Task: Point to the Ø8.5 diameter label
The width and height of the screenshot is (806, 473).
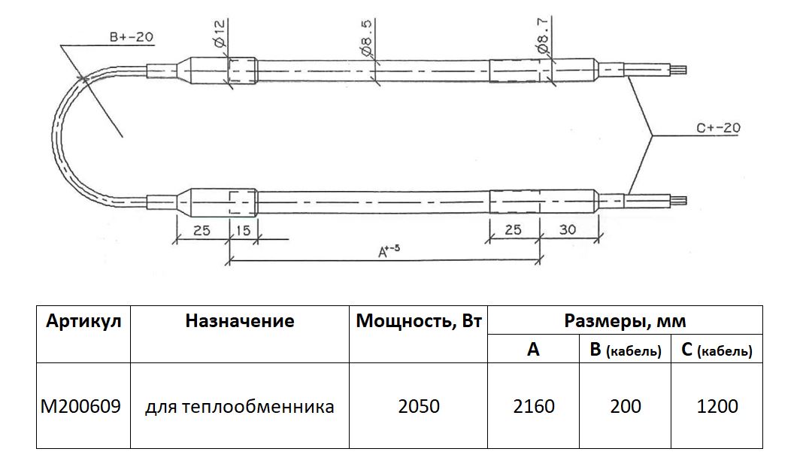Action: pyautogui.click(x=368, y=40)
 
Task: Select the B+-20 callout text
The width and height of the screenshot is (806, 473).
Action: pyautogui.click(x=132, y=37)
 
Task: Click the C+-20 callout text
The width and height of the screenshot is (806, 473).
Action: pyautogui.click(x=717, y=128)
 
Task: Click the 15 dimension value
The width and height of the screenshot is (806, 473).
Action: pyautogui.click(x=243, y=230)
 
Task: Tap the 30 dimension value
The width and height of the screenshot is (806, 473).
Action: pyautogui.click(x=569, y=230)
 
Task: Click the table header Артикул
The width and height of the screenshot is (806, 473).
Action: pyautogui.click(x=83, y=322)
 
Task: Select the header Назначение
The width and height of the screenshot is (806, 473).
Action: pyautogui.click(x=240, y=322)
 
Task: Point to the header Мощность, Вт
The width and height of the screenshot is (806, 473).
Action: pyautogui.click(x=419, y=322)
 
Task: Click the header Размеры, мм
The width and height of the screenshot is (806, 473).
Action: pyautogui.click(x=625, y=322)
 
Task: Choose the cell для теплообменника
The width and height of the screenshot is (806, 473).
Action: pyautogui.click(x=240, y=407)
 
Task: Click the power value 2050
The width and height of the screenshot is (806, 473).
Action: pyautogui.click(x=419, y=407)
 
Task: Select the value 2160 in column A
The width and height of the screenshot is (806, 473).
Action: pyautogui.click(x=533, y=407)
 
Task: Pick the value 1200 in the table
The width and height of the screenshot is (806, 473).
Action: pyautogui.click(x=717, y=407)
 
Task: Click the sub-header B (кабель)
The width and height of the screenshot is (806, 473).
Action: pyautogui.click(x=626, y=350)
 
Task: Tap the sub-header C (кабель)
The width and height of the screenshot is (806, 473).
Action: pyautogui.click(x=717, y=350)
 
